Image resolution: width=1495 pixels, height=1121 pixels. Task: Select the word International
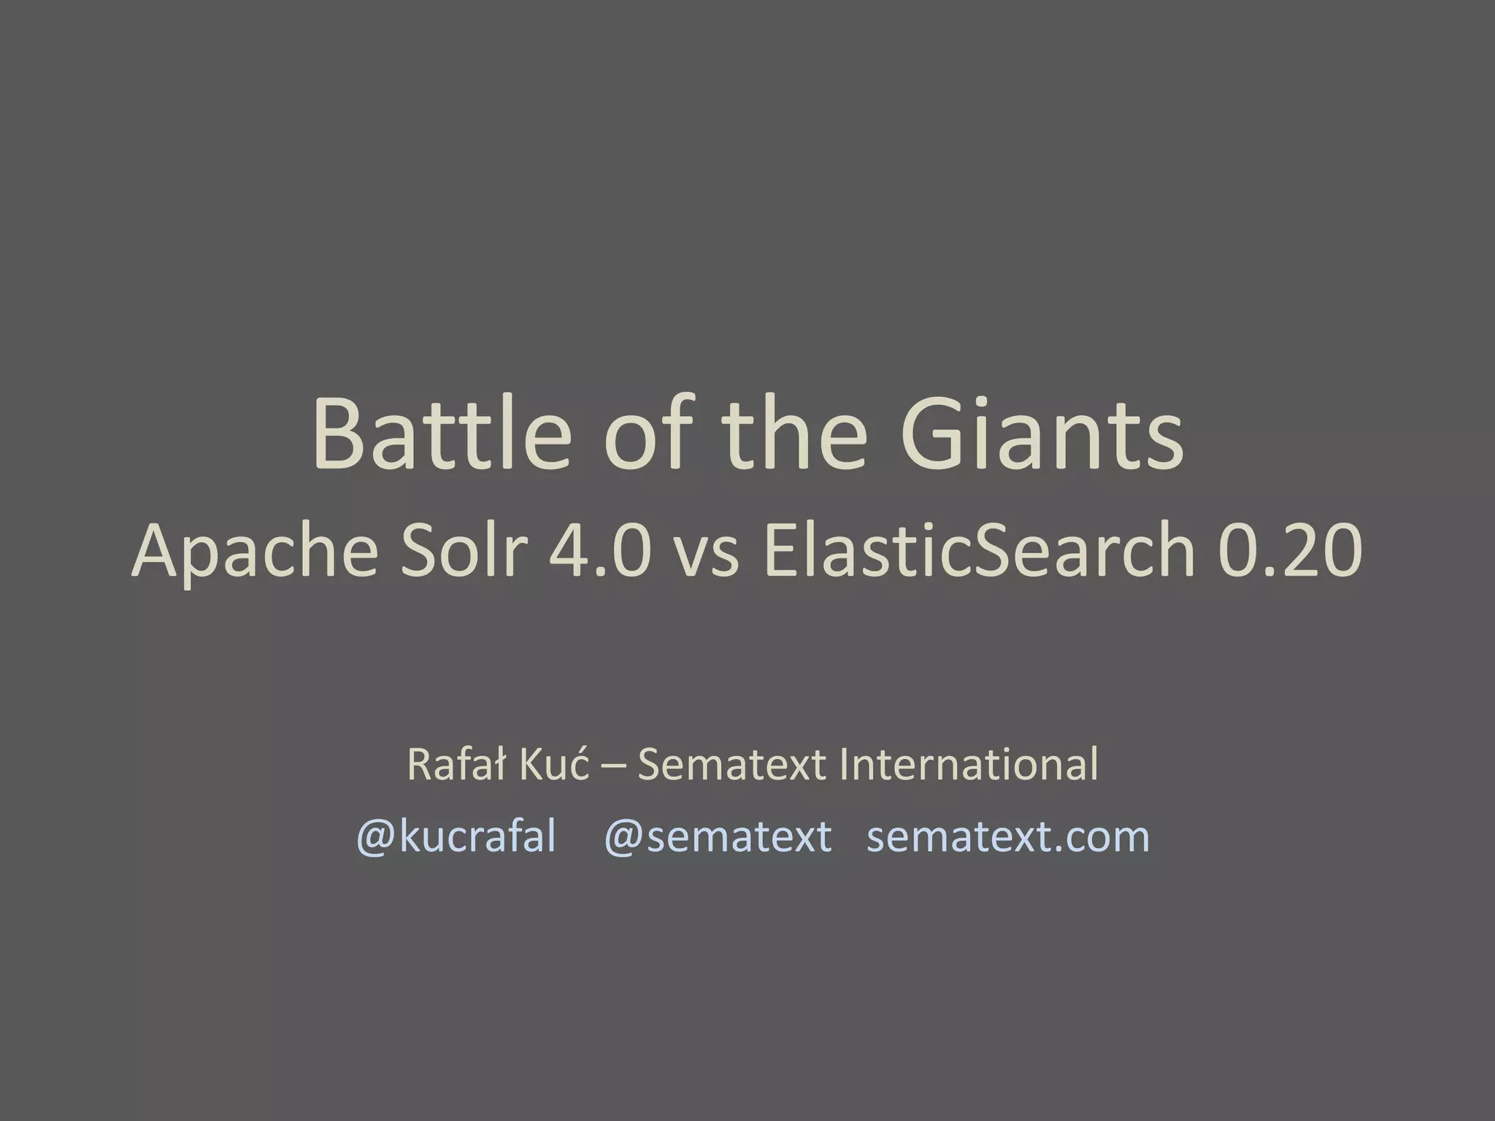pos(968,764)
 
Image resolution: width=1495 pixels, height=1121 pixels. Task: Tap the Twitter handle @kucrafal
pos(456,836)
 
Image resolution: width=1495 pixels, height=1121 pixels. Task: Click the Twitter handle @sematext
pos(718,836)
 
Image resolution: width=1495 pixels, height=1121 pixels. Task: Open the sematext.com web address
pos(1008,836)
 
